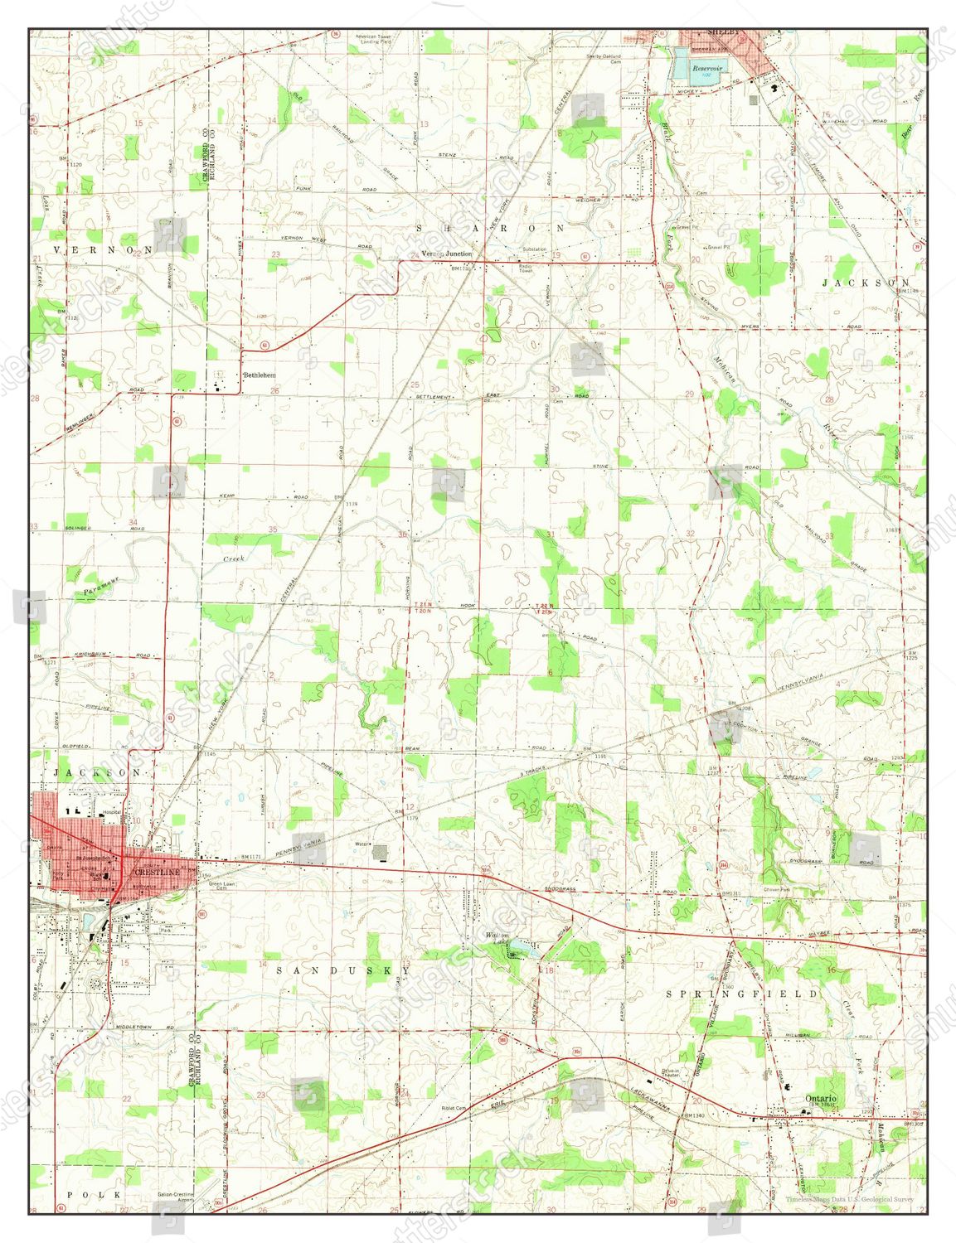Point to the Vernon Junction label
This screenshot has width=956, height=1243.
click(446, 254)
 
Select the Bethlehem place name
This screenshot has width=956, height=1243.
click(258, 375)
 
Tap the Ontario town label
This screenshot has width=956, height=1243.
click(820, 1098)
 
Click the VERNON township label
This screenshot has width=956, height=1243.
click(104, 249)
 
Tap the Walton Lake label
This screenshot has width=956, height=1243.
click(498, 938)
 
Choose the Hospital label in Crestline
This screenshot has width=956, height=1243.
click(110, 812)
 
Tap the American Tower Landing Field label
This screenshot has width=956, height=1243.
click(373, 39)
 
